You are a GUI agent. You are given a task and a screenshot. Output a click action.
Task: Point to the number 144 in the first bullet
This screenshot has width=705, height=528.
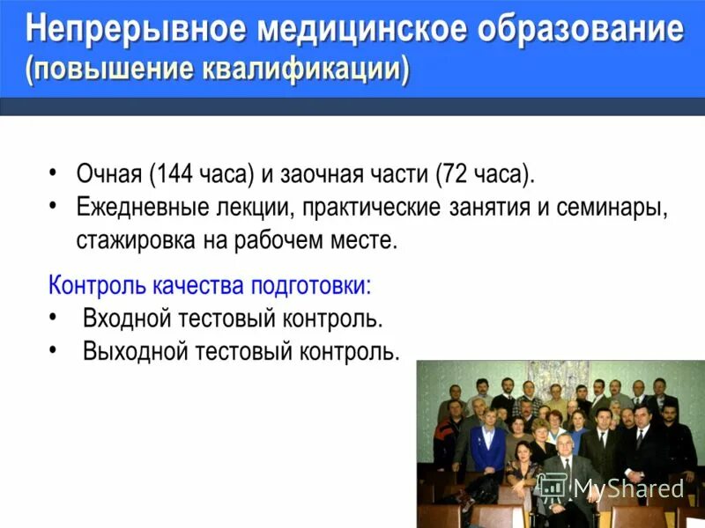tap(174, 173)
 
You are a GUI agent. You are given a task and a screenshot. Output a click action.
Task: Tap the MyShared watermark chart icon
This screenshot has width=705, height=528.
tap(552, 488)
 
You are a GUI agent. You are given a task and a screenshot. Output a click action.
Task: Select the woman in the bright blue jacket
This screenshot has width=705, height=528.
tap(487, 444)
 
